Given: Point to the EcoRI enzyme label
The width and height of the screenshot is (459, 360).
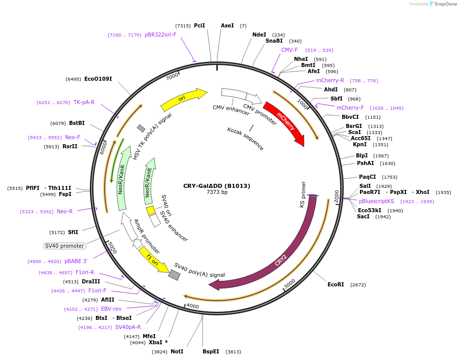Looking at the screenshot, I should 336,284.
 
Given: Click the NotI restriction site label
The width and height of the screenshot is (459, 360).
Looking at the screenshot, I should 177,351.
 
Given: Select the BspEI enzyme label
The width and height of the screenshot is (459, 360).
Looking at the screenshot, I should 211,351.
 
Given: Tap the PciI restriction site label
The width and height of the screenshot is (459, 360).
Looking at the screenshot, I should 200,25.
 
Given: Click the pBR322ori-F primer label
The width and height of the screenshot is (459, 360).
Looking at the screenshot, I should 160,35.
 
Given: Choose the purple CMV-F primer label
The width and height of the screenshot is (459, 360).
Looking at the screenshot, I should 289,50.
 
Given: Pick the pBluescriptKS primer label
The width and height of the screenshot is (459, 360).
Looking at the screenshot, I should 376,201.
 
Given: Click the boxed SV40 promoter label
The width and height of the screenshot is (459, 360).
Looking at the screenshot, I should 64,246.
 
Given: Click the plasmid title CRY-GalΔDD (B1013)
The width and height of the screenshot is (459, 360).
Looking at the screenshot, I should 217,186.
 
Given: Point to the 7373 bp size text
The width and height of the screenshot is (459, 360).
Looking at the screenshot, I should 217,192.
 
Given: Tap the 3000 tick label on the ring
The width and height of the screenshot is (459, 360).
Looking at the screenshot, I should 289,284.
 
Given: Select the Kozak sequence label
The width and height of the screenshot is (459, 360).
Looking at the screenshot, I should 245,138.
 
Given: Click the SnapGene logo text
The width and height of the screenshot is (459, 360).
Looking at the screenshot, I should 445,4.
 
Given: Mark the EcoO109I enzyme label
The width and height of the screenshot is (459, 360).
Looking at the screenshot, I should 98,79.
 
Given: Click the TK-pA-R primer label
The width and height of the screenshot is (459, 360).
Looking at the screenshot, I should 84,102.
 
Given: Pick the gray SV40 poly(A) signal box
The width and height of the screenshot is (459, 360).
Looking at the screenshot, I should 174,275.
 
